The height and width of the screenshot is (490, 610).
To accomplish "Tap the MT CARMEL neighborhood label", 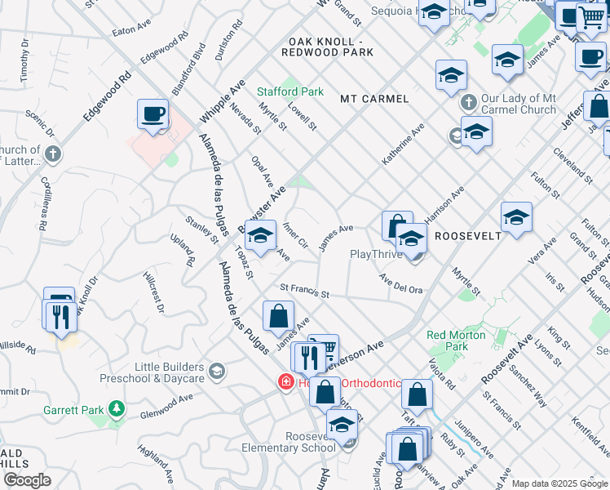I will [x=374, y=99].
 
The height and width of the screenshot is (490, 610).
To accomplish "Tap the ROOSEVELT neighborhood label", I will [x=467, y=235].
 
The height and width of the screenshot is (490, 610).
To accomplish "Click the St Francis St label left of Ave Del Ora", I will [x=303, y=290].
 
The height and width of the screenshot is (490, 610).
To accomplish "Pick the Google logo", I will [x=27, y=480].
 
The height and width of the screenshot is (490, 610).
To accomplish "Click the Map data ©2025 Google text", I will [x=559, y=483].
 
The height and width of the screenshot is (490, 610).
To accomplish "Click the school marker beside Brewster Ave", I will [x=260, y=238].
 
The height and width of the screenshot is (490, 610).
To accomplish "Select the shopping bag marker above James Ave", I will [x=279, y=315].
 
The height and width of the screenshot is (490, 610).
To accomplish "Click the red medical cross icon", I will [x=286, y=381].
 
